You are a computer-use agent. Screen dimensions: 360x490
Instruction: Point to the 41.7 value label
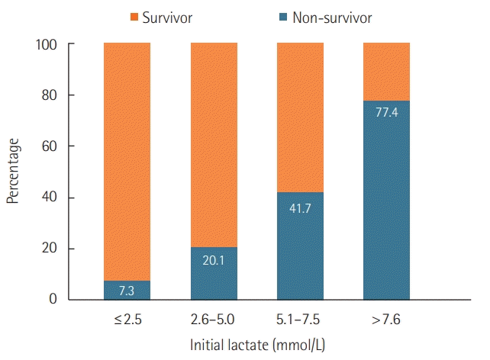pyautogui.click(x=300, y=207)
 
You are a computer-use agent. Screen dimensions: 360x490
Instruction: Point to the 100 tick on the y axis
pyautogui.click(x=47, y=44)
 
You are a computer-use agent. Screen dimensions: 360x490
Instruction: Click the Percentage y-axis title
pyautogui.click(x=13, y=172)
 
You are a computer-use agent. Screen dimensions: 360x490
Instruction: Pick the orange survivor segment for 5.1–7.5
pyautogui.click(x=300, y=117)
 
